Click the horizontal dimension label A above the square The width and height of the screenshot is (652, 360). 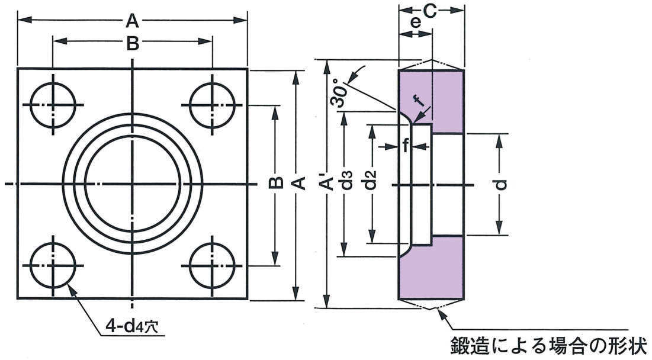(132, 21)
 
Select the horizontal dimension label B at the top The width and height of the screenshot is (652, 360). (133, 43)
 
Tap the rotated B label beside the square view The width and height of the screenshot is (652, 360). (275, 184)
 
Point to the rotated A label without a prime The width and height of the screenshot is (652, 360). (299, 184)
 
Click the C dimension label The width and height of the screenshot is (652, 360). (431, 11)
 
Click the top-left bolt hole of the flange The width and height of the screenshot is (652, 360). (53, 105)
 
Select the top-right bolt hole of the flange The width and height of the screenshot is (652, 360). (212, 105)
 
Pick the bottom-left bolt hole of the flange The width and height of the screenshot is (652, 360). (53, 264)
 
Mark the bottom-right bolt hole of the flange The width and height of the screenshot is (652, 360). (212, 264)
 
